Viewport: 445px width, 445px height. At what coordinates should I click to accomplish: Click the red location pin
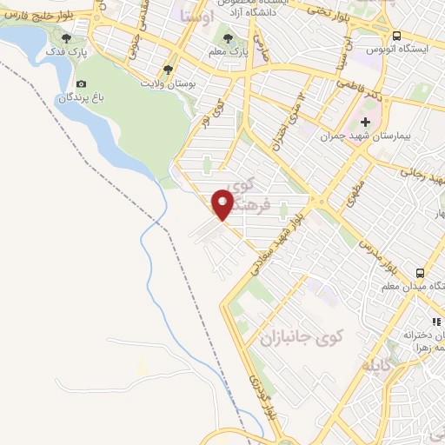pyautogui.click(x=223, y=203)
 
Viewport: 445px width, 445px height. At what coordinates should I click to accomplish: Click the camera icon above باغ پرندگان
pyautogui.click(x=81, y=84)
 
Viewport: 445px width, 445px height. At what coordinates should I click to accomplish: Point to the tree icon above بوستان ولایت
pyautogui.click(x=168, y=69)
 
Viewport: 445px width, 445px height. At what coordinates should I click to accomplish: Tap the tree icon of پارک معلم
pyautogui.click(x=229, y=39)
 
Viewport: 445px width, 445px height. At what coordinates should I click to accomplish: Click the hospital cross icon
pyautogui.click(x=365, y=122)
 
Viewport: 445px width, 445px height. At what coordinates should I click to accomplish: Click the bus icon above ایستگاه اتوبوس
pyautogui.click(x=396, y=36)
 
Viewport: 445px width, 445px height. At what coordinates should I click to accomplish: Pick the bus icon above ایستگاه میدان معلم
pyautogui.click(x=419, y=272)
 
